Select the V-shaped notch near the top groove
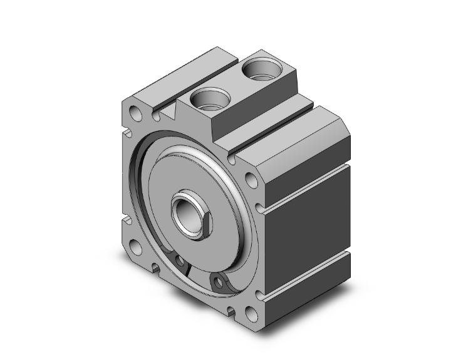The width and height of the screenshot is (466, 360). [168, 114]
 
